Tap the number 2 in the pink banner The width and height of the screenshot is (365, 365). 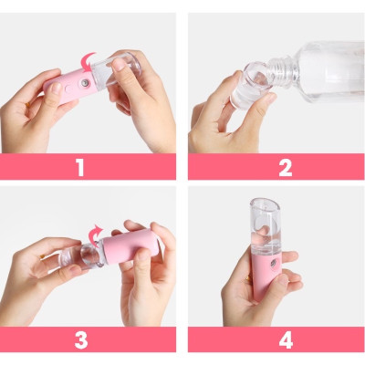click(286, 167)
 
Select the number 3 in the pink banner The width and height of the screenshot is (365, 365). click(81, 340)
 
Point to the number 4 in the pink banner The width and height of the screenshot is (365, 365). click(286, 340)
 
